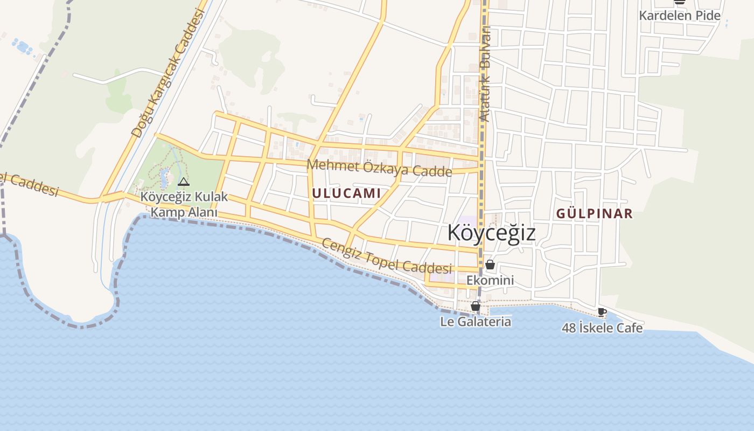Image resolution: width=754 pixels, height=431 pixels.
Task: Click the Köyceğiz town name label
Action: [x=491, y=233]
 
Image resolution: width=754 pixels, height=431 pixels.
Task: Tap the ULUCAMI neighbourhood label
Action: [x=346, y=193]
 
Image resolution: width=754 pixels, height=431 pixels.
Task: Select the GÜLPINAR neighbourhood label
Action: [x=594, y=214]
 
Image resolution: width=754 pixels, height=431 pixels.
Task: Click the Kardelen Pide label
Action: [x=679, y=16]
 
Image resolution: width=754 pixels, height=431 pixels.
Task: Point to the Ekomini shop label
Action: [x=490, y=280]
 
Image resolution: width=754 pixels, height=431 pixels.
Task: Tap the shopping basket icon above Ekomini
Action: [x=490, y=265]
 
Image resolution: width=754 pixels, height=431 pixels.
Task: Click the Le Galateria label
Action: [x=476, y=322]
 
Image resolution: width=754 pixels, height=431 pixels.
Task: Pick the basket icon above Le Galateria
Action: [x=476, y=307]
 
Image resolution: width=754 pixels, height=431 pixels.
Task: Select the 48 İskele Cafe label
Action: [x=602, y=328]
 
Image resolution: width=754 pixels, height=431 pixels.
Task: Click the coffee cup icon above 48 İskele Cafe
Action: [x=602, y=312]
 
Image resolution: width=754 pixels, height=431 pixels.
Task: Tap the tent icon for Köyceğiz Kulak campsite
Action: [x=184, y=182]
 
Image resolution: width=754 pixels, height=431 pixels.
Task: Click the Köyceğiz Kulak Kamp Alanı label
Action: [x=184, y=204]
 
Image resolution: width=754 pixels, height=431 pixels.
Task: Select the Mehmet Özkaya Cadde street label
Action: [x=379, y=168]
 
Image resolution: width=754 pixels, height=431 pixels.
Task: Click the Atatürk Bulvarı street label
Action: [x=486, y=74]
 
